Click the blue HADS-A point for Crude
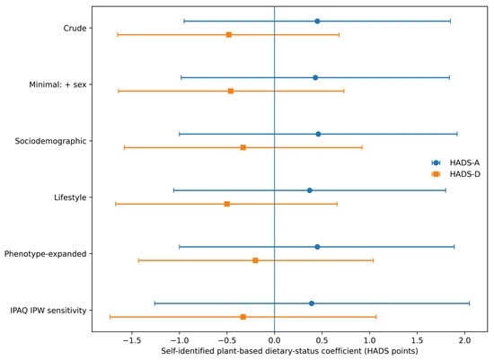pyautogui.click(x=317, y=22)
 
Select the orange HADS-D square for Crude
pyautogui.click(x=229, y=35)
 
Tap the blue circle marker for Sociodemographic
pyautogui.click(x=318, y=134)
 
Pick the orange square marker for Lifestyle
pyautogui.click(x=227, y=204)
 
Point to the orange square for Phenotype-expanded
pyautogui.click(x=255, y=260)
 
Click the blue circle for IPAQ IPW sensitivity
pyautogui.click(x=312, y=303)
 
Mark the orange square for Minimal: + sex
pyautogui.click(x=231, y=91)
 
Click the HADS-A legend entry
pyautogui.click(x=455, y=162)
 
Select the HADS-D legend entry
pyautogui.click(x=456, y=174)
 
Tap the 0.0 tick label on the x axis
pyautogui.click(x=275, y=340)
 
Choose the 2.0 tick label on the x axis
pyautogui.click(x=464, y=340)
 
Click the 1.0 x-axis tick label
pyautogui.click(x=369, y=340)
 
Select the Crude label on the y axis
pyautogui.click(x=75, y=29)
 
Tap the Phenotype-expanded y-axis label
pyautogui.click(x=46, y=254)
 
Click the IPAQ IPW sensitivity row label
pyautogui.click(x=49, y=311)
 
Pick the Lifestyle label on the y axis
pyautogui.click(x=70, y=198)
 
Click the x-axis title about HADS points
pyautogui.click(x=289, y=351)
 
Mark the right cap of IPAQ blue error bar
pyautogui.click(x=470, y=303)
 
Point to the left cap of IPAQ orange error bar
pyautogui.click(x=110, y=317)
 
